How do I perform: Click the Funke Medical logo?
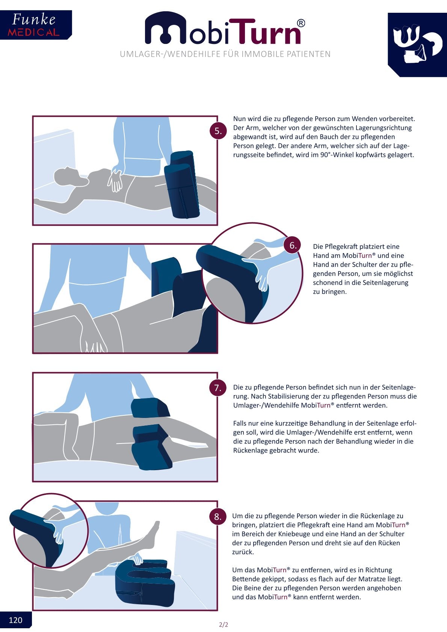[x=36, y=25]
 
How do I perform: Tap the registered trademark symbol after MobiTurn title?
[x=301, y=23]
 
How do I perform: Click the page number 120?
[x=15, y=620]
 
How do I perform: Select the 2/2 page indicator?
[x=223, y=624]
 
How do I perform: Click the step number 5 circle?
[x=218, y=131]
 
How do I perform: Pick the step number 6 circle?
[x=293, y=245]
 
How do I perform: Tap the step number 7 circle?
[x=217, y=388]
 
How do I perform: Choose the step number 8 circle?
[x=217, y=516]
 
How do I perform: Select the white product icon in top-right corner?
[x=417, y=44]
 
